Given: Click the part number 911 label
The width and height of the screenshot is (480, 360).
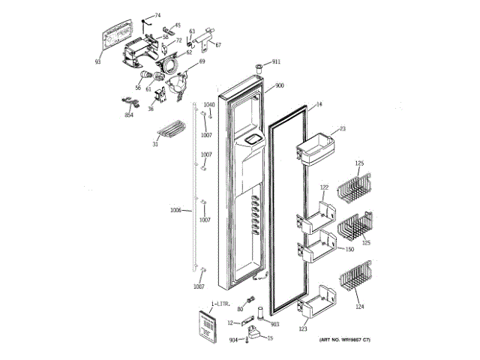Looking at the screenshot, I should [277, 61].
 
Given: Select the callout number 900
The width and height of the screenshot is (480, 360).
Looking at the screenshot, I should [279, 85].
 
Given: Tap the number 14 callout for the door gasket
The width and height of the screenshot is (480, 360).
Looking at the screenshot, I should [318, 104].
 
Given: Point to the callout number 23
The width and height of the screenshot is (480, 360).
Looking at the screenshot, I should [342, 129].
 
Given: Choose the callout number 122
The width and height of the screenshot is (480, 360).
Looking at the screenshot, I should [324, 187].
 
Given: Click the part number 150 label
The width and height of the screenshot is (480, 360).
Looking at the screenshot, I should [349, 249].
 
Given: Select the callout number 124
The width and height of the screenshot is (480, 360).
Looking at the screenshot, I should [359, 306].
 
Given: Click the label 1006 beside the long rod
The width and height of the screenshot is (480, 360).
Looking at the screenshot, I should [176, 210].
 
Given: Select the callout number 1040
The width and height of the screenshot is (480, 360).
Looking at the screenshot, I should [209, 104].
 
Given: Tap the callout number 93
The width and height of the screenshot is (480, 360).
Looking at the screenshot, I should [98, 62].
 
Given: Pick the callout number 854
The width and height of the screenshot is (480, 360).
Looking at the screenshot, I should [129, 115].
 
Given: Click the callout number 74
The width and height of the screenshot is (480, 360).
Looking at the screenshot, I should [157, 15].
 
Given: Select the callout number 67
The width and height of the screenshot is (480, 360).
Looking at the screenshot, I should [218, 45].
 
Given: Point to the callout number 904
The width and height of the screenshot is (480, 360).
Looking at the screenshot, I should [232, 340].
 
